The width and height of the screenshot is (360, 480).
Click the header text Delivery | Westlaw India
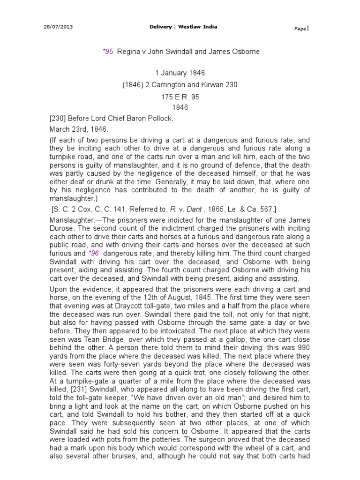tap(180, 27)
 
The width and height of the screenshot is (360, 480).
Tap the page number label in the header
tap(300, 29)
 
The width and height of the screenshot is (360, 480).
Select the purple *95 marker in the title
tap(107, 52)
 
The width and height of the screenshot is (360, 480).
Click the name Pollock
tap(158, 119)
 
